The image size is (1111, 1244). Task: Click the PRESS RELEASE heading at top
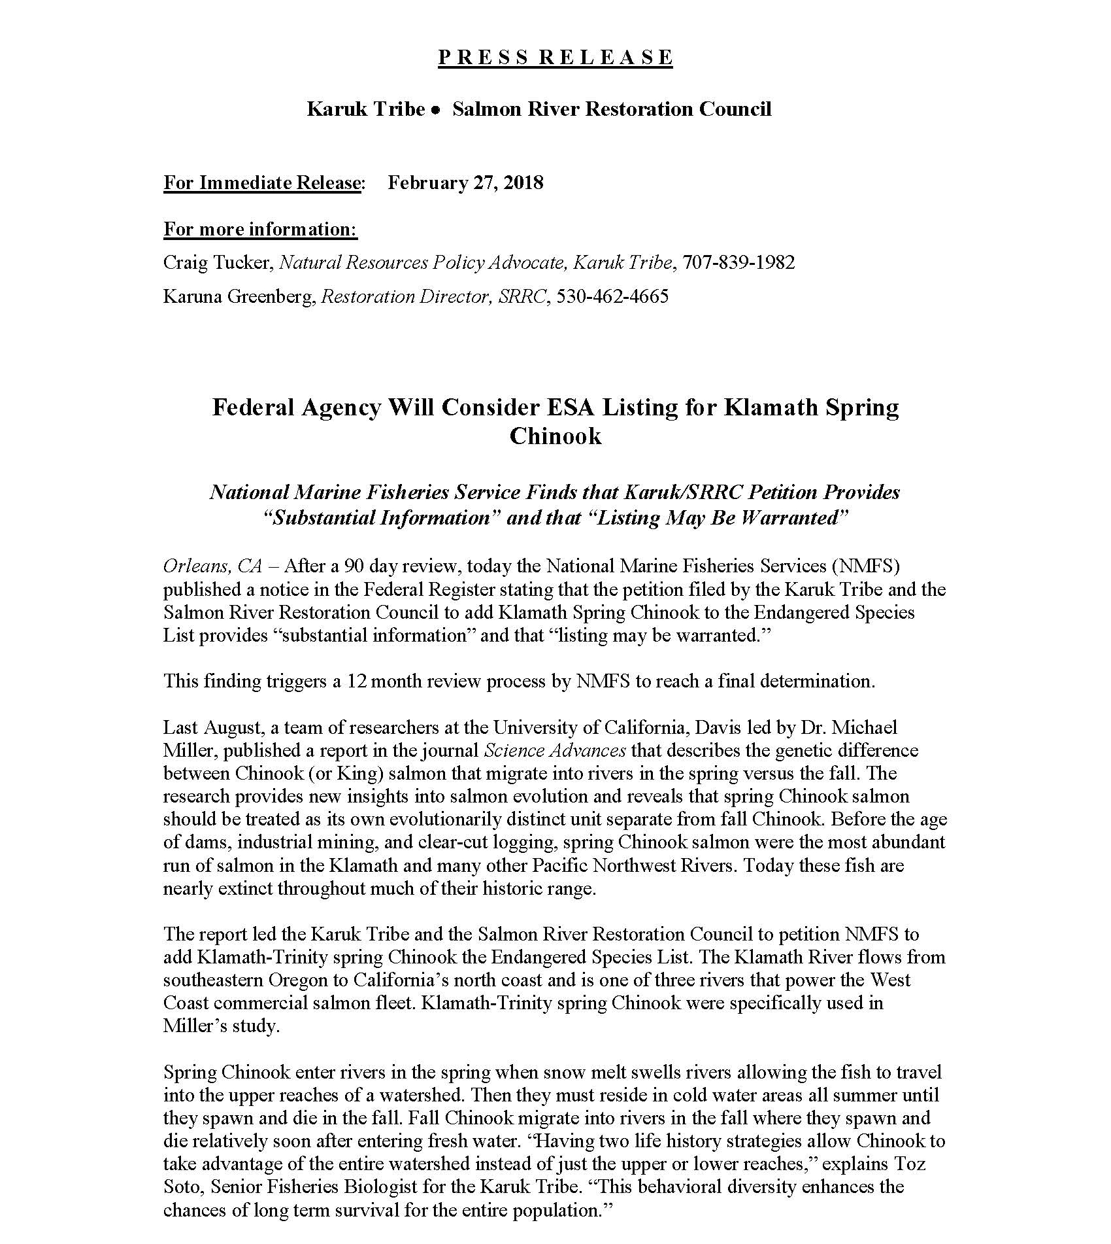pos(555,58)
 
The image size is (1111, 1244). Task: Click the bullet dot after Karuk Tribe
pos(435,110)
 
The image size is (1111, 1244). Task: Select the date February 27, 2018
pos(465,182)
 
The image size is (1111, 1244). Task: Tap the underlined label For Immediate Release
pos(261,182)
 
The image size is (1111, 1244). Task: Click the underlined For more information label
pos(260,230)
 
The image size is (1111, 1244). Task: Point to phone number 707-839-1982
pos(738,263)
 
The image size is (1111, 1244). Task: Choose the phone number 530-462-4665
pos(612,297)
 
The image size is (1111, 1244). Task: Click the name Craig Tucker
pos(217,263)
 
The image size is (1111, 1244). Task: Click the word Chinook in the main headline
pos(555,436)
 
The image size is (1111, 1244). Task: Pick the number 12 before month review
pos(357,681)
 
